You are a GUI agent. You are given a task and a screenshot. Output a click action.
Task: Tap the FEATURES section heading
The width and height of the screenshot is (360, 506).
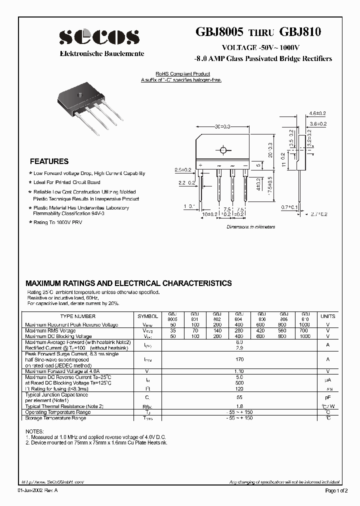pyautogui.click(x=49, y=161)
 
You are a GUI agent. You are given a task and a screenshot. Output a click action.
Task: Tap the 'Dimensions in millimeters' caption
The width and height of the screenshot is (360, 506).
pyautogui.click(x=250, y=226)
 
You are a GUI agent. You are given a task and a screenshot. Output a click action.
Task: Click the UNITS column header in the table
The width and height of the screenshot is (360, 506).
pyautogui.click(x=327, y=316)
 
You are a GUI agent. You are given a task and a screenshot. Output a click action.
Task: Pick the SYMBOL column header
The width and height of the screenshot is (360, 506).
pyautogui.click(x=147, y=316)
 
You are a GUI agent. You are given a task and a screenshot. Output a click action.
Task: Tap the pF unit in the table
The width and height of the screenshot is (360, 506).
pyautogui.click(x=328, y=395)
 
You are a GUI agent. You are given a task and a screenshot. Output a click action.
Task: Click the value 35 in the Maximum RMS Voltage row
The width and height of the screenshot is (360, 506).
pyautogui.click(x=172, y=330)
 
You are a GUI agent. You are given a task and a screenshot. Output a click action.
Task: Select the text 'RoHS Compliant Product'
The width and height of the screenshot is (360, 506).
pyautogui.click(x=181, y=74)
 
